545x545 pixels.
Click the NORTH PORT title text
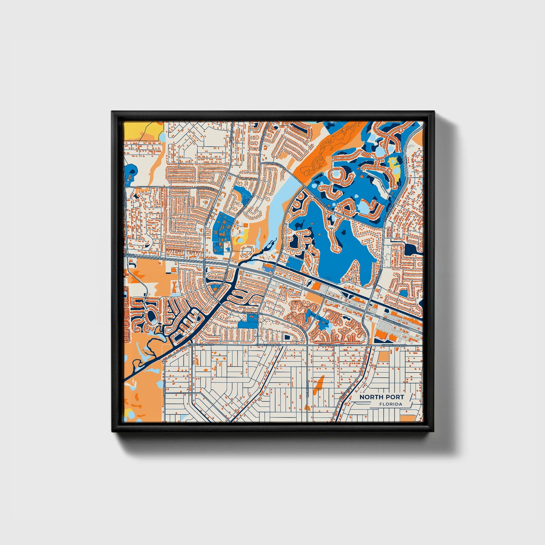click(x=381, y=397)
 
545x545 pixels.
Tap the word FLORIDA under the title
click(x=391, y=404)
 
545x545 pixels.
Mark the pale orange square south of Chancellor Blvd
click(x=383, y=356)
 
